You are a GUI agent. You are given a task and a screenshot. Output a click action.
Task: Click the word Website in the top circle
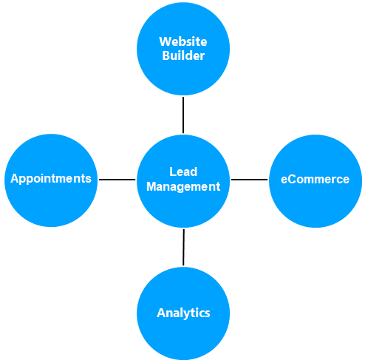click(x=183, y=41)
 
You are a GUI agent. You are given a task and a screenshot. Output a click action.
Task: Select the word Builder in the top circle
click(x=183, y=55)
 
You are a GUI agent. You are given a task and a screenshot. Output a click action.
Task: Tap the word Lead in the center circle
click(x=183, y=171)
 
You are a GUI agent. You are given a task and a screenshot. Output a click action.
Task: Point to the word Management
click(x=183, y=187)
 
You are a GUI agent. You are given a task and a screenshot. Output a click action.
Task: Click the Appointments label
click(x=51, y=179)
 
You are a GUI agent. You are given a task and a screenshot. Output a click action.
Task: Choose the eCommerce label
click(x=315, y=179)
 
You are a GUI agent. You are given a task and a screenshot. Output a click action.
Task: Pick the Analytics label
click(x=183, y=313)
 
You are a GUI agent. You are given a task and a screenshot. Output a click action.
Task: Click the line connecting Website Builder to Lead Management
click(x=183, y=115)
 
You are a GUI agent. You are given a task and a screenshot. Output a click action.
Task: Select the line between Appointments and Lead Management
click(x=117, y=180)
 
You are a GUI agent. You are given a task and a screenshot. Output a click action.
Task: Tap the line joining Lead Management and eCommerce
click(x=250, y=180)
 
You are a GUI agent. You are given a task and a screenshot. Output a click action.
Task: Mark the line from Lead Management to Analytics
click(x=183, y=248)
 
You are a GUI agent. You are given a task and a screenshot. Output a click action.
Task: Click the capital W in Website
click(x=166, y=41)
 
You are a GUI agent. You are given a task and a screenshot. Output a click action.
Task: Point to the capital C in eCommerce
click(x=293, y=179)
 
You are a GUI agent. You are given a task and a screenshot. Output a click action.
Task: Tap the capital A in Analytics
click(x=162, y=313)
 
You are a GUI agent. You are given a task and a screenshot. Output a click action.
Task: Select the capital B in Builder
click(x=166, y=55)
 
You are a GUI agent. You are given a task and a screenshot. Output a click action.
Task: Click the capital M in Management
click(x=152, y=186)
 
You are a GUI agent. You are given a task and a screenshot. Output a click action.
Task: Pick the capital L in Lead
click(x=173, y=171)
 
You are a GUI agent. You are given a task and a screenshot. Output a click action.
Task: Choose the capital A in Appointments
click(x=16, y=178)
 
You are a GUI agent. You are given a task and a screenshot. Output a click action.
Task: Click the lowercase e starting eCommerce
click(x=284, y=180)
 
